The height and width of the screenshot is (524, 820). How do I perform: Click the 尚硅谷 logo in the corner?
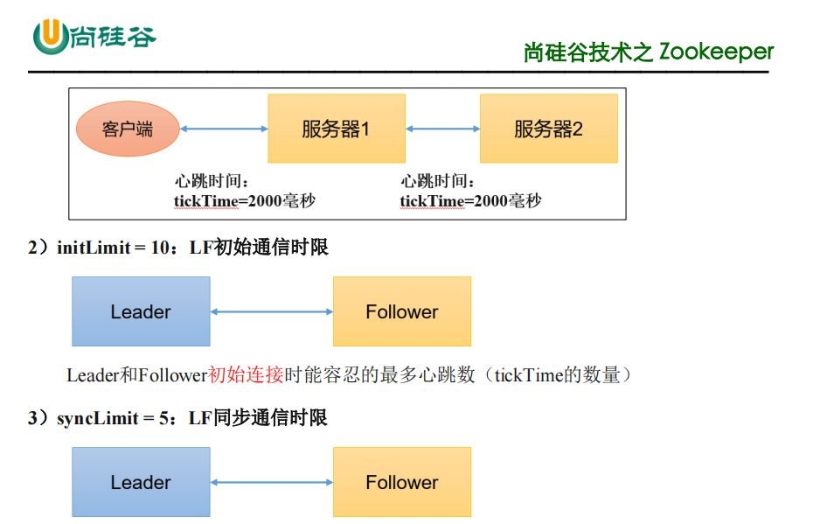pos(94,36)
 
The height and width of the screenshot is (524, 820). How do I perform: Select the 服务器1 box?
pos(337,129)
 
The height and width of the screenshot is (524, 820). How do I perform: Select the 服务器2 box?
pos(548,129)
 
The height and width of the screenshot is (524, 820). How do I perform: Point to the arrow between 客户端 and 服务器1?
pos(224,129)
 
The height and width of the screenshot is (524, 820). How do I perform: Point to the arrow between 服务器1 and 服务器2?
pos(443,129)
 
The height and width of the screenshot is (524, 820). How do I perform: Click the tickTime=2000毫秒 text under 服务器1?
pos(244,201)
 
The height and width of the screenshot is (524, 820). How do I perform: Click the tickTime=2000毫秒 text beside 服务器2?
pos(470,201)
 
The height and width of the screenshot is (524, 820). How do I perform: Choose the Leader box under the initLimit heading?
pos(141,311)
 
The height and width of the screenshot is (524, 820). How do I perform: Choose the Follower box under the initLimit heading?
pos(402,311)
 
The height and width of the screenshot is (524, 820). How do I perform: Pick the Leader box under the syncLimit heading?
pos(141,482)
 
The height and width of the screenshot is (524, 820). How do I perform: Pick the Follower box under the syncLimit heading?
pos(402,482)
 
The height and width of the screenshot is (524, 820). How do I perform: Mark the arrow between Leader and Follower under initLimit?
pos(272,311)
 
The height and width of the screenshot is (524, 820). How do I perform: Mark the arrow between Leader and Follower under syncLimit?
pos(272,482)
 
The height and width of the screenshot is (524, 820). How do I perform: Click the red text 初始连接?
pos(246,375)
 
